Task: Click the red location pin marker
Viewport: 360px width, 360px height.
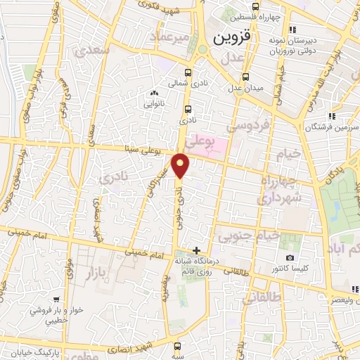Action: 182,165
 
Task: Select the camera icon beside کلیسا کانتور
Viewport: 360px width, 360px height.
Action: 290,258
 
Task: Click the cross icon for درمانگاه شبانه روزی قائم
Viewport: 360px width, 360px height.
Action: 196,251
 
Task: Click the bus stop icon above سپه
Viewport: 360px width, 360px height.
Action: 178,346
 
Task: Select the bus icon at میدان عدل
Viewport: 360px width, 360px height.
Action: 245,77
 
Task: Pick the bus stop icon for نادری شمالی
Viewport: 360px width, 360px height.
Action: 188,72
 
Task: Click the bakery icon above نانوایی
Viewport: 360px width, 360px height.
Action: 154,93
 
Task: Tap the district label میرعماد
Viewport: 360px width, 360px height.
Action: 173,34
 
